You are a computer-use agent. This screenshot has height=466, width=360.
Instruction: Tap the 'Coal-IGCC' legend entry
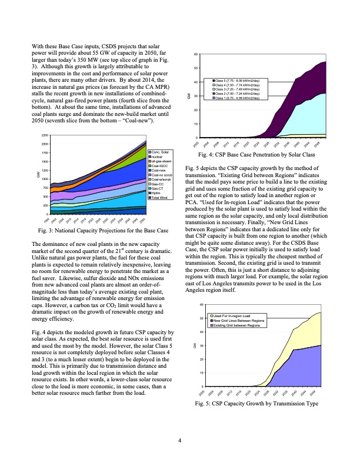(159, 167)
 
